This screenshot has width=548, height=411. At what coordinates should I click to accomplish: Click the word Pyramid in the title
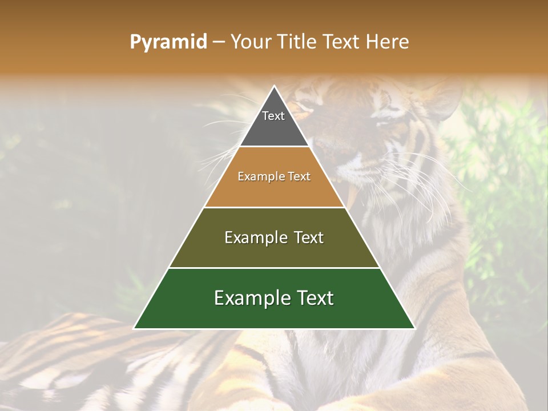coord(168,42)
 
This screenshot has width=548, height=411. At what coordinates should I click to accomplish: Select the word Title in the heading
coord(299,42)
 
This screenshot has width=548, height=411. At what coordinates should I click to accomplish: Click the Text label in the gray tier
coord(273,116)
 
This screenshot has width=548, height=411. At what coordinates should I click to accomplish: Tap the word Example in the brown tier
coord(258,177)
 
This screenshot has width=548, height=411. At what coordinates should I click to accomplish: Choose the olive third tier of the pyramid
coord(274,251)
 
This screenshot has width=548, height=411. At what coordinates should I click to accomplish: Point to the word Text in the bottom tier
coord(315,298)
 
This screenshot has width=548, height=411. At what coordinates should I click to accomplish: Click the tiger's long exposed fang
coord(352,194)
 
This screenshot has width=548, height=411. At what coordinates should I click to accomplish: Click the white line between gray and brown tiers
coord(274,147)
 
